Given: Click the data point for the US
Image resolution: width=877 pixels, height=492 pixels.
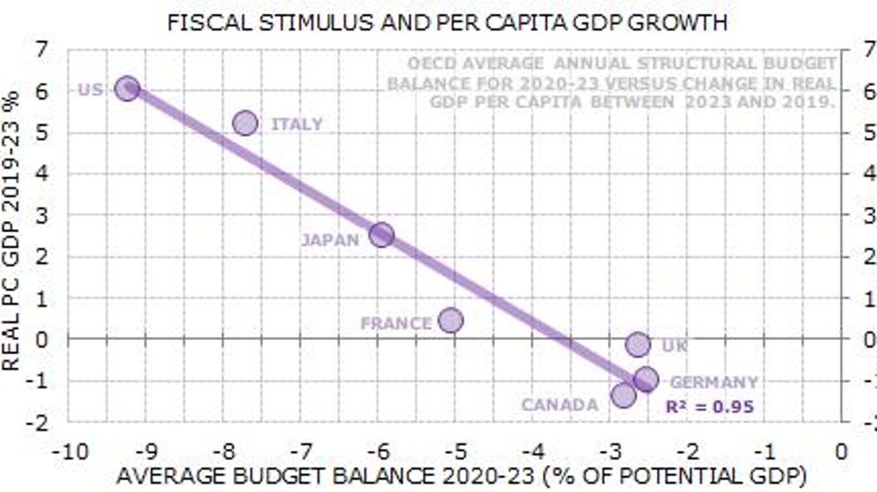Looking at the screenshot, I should click(x=127, y=88).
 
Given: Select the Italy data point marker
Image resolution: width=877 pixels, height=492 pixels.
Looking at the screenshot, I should click(x=246, y=123).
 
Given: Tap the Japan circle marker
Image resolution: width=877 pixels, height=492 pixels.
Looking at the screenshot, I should click(x=381, y=235).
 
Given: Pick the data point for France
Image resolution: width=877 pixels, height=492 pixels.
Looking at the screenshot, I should click(x=450, y=320).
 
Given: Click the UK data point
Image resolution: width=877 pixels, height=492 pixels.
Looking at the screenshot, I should click(x=637, y=344).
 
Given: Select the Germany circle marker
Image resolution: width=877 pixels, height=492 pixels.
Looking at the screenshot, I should click(x=646, y=380).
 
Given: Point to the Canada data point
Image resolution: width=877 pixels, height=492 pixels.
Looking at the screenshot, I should click(x=623, y=395).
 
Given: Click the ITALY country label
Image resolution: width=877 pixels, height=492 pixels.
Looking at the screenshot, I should click(x=296, y=124).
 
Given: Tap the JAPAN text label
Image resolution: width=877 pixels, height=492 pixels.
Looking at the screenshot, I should click(x=330, y=240).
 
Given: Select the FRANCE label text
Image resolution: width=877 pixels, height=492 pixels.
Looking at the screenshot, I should click(x=396, y=324).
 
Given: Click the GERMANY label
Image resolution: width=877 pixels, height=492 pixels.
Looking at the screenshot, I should click(x=714, y=382).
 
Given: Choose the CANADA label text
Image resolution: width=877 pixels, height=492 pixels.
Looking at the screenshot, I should click(x=560, y=405).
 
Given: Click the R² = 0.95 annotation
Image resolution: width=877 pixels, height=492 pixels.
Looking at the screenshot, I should click(x=710, y=407).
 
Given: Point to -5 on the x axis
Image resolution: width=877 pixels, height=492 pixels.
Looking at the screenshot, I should click(x=456, y=452).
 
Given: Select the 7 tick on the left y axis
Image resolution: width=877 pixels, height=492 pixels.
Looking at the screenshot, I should click(x=42, y=50).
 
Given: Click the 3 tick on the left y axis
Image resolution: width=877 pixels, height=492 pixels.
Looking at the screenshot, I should click(x=42, y=216).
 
